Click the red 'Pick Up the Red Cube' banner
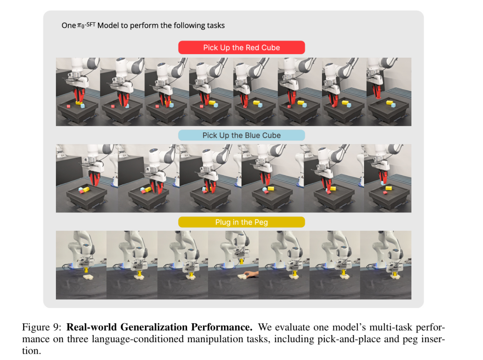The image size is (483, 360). (x=241, y=47)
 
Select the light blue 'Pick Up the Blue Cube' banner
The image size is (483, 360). (x=241, y=135)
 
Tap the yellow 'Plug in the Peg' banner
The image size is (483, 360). (x=241, y=222)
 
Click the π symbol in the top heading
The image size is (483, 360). (x=79, y=25)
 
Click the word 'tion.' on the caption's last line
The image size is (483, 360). (x=31, y=350)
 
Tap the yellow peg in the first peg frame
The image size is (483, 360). (x=86, y=271)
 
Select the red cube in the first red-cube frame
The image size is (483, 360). (x=69, y=106)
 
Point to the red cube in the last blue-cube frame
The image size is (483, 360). (x=385, y=193)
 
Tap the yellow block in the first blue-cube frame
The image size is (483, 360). (x=85, y=190)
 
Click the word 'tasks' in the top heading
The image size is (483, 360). (x=216, y=25)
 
